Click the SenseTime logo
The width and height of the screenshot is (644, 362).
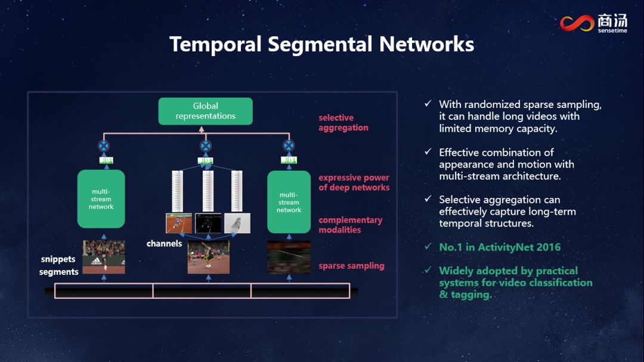[x=593, y=23]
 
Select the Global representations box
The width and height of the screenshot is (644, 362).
[x=205, y=111]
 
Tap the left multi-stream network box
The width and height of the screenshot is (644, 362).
[x=101, y=199]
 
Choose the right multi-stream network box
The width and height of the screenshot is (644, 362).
[x=289, y=202]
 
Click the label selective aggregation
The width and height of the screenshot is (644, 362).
[x=343, y=123]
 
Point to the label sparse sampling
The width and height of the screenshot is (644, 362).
[x=351, y=266]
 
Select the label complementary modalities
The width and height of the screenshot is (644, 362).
[x=350, y=225]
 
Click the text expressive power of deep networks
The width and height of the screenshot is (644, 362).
[x=354, y=182]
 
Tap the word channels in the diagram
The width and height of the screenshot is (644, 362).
[x=164, y=243]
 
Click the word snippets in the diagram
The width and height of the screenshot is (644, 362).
[x=58, y=259]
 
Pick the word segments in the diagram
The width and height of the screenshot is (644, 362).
[x=59, y=272]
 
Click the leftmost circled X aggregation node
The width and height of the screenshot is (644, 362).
[x=104, y=146]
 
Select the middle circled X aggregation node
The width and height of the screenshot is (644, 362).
[x=205, y=146]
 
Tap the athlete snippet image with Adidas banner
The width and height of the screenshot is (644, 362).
[x=104, y=256]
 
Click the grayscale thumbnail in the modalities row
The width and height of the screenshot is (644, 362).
[x=237, y=223]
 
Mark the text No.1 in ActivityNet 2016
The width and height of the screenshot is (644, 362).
[x=500, y=247]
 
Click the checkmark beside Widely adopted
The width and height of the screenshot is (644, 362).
[x=428, y=270]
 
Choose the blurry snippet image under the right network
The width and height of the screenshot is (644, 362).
[x=289, y=256]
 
